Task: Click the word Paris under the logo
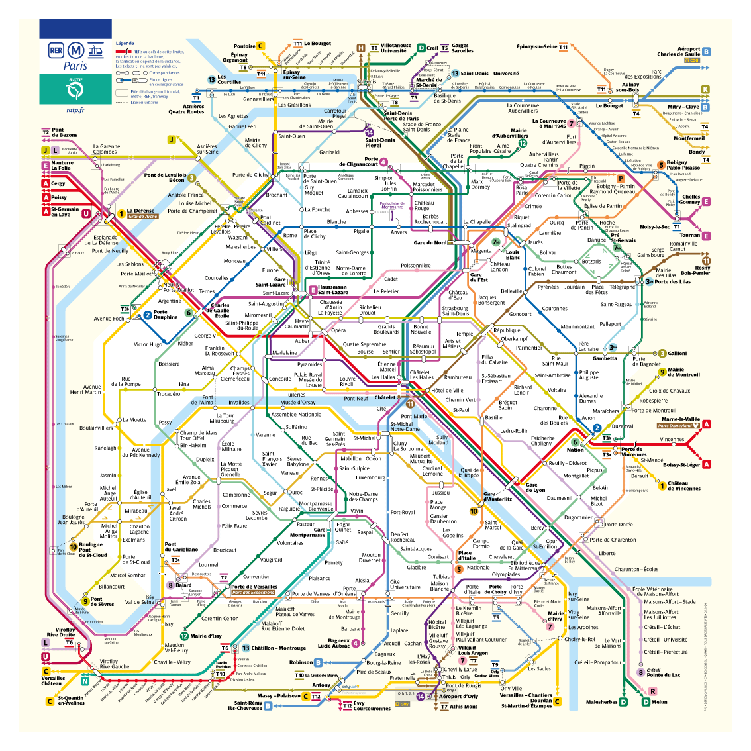pos(75,66)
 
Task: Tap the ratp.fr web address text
pos(75,110)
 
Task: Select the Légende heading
pos(125,44)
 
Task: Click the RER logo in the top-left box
pos(56,50)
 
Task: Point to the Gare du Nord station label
pos(430,243)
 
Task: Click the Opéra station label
pos(338,330)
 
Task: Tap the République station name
pos(507,330)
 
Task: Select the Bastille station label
pos(493,418)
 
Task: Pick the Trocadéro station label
pos(168,394)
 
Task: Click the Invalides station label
pos(239,403)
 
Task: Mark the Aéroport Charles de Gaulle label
pos(679,52)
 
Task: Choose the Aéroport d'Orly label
pos(458,696)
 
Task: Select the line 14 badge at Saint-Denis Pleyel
pos(370,132)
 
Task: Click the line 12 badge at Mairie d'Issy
pos(184,636)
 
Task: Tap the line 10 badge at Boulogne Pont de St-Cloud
pos(74,547)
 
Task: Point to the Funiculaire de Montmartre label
pos(392,205)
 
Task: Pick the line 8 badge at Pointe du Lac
pos(640,672)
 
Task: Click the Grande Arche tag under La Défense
pos(142,217)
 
